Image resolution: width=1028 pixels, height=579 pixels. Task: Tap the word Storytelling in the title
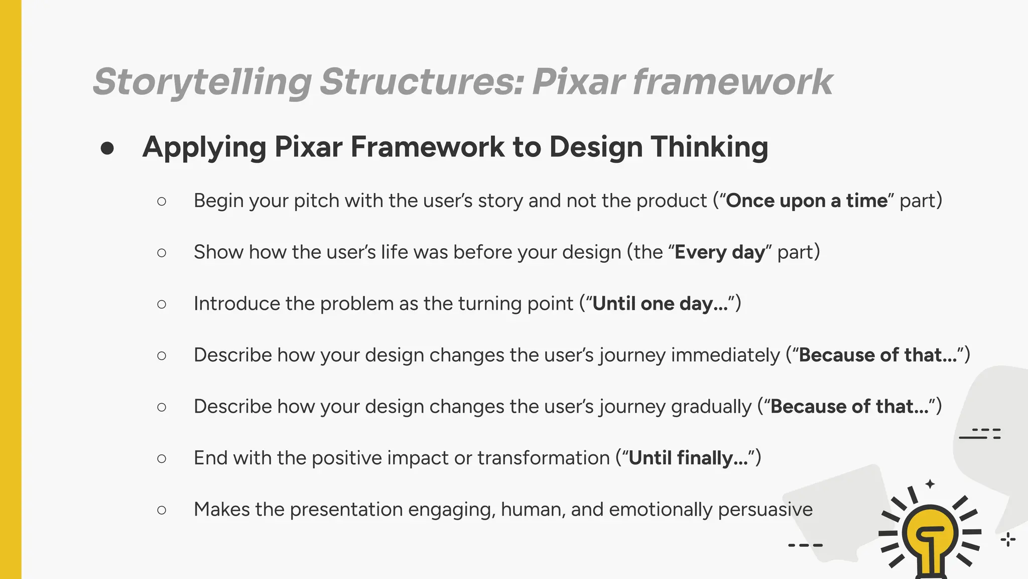coord(202,81)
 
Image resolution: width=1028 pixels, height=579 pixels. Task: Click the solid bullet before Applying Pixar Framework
coord(107,148)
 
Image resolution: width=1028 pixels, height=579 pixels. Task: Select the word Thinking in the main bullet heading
coord(709,147)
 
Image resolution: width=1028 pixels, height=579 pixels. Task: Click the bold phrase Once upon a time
coord(807,201)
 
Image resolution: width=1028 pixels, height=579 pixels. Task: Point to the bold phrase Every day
coord(719,252)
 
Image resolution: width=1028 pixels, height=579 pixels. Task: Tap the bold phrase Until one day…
coord(660,304)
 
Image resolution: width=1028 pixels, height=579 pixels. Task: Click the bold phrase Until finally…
coord(688,458)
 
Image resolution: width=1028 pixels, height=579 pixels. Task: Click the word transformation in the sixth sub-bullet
coord(543,458)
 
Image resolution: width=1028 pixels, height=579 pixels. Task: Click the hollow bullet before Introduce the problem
coord(162,304)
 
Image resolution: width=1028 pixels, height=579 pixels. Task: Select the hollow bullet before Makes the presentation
coord(162,510)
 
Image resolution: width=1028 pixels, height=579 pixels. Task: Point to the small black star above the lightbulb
coord(930,484)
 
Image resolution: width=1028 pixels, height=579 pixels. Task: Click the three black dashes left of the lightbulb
coord(805,545)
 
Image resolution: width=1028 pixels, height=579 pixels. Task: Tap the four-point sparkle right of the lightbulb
coord(1007,540)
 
